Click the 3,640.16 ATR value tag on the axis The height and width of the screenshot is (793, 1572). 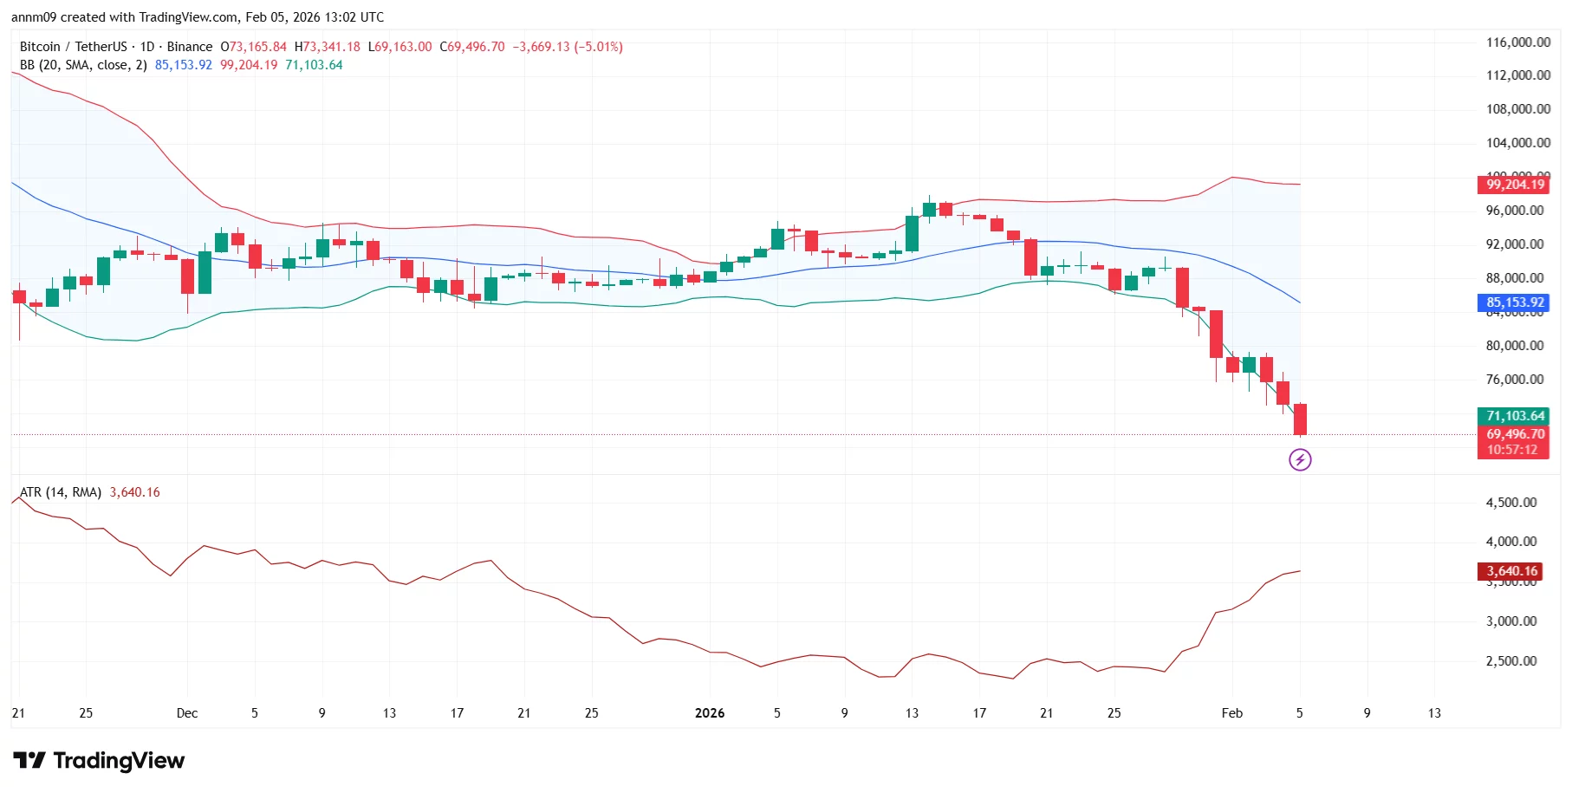1512,571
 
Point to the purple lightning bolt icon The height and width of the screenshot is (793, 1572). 1300,459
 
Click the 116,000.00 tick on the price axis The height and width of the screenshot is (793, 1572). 1517,42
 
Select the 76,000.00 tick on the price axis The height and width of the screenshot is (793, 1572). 1514,380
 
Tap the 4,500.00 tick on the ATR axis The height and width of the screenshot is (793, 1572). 1510,503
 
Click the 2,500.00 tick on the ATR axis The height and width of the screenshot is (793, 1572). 1510,661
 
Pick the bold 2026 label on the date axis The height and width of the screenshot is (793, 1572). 710,713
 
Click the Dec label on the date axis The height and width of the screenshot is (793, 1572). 187,713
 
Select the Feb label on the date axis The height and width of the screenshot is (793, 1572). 1231,713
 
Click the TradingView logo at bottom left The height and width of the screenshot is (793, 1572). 99,761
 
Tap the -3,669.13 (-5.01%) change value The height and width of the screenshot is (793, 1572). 568,47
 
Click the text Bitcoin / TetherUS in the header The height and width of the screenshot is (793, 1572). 74,47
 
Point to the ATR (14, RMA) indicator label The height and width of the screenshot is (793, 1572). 61,492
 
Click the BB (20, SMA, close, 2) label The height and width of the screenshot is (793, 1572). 83,65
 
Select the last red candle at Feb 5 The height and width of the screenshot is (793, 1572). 1300,419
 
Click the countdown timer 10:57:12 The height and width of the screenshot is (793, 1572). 1512,450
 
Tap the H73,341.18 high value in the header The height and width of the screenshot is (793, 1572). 328,47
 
